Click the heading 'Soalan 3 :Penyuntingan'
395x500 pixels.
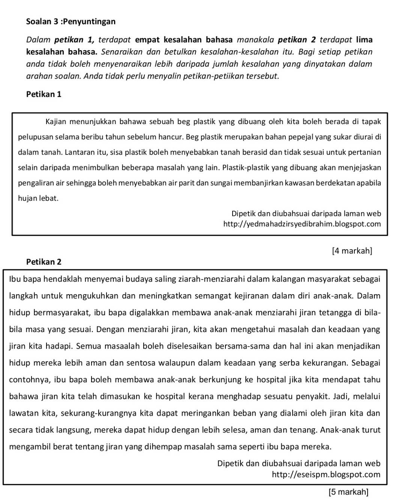(x=71, y=21)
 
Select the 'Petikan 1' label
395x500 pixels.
(x=44, y=94)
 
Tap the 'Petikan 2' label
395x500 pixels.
(x=44, y=262)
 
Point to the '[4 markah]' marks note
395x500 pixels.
(x=352, y=250)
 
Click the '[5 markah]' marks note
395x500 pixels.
(x=348, y=491)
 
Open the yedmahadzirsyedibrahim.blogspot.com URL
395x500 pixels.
(x=302, y=224)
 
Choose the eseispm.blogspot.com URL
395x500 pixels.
(x=326, y=475)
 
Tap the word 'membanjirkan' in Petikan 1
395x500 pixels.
(x=268, y=183)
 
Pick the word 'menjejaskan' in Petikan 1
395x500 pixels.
(x=363, y=168)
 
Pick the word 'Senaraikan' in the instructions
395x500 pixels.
(x=119, y=51)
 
